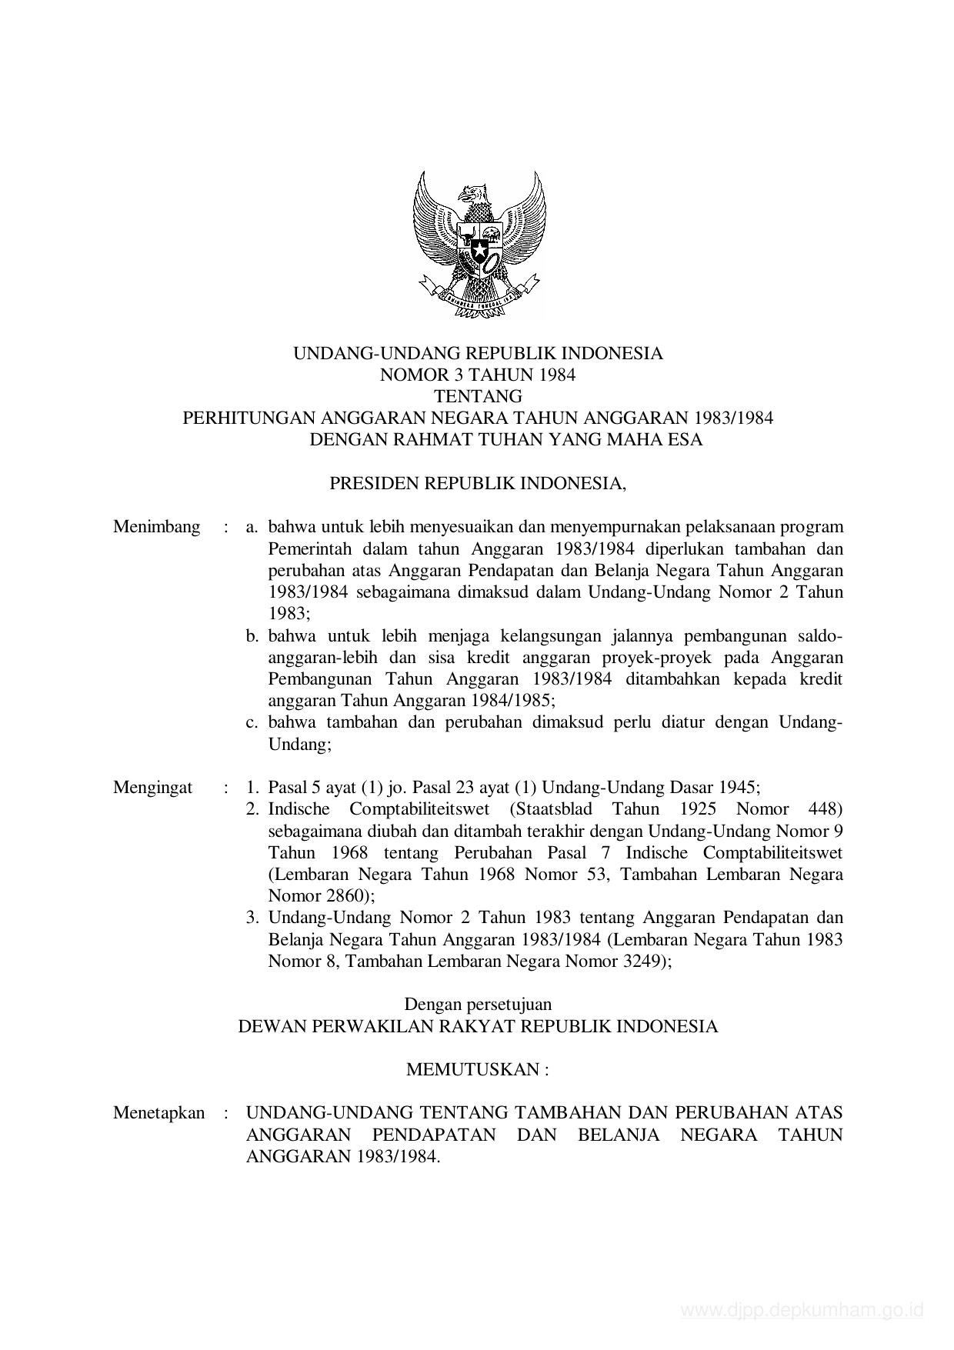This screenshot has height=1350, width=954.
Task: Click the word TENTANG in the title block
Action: pyautogui.click(x=478, y=397)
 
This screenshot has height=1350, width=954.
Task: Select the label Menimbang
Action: pyautogui.click(x=156, y=527)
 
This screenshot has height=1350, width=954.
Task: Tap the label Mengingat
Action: pyautogui.click(x=153, y=788)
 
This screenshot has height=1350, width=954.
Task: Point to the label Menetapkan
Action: pyautogui.click(x=159, y=1113)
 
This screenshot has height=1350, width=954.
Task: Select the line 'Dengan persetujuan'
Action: pyautogui.click(x=478, y=1004)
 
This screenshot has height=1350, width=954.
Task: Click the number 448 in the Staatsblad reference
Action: pyautogui.click(x=826, y=809)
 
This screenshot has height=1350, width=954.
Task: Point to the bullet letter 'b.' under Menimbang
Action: pyautogui.click(x=253, y=636)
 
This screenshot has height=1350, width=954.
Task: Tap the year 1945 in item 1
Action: pyautogui.click(x=737, y=788)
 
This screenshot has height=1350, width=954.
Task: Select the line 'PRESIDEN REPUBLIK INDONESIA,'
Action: pyautogui.click(x=478, y=484)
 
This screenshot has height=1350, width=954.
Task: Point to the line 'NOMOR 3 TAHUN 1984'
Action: pyautogui.click(x=478, y=375)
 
